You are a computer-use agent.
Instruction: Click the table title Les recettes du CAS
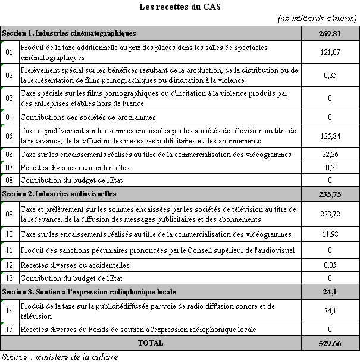point(180,7)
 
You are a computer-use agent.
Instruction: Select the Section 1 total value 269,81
point(329,33)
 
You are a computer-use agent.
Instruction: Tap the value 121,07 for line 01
point(329,52)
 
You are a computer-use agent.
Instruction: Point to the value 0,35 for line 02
point(329,75)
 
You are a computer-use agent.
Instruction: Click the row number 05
point(9,136)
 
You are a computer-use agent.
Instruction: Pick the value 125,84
point(329,136)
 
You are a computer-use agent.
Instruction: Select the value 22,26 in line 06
point(329,155)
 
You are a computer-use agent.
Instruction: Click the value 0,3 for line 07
point(329,168)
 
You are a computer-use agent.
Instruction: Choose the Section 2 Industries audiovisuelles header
point(60,194)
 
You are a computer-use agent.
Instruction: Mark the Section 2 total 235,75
point(329,194)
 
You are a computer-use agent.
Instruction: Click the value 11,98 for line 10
point(329,234)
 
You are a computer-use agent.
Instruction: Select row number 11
point(9,250)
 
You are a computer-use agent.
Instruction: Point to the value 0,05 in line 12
point(329,265)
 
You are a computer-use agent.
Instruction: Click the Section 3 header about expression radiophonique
point(89,291)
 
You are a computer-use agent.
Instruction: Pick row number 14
point(9,310)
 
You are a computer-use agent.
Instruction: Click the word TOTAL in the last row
point(151,343)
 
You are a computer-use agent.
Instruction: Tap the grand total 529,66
point(329,343)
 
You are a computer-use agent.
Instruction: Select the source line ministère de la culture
point(59,357)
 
